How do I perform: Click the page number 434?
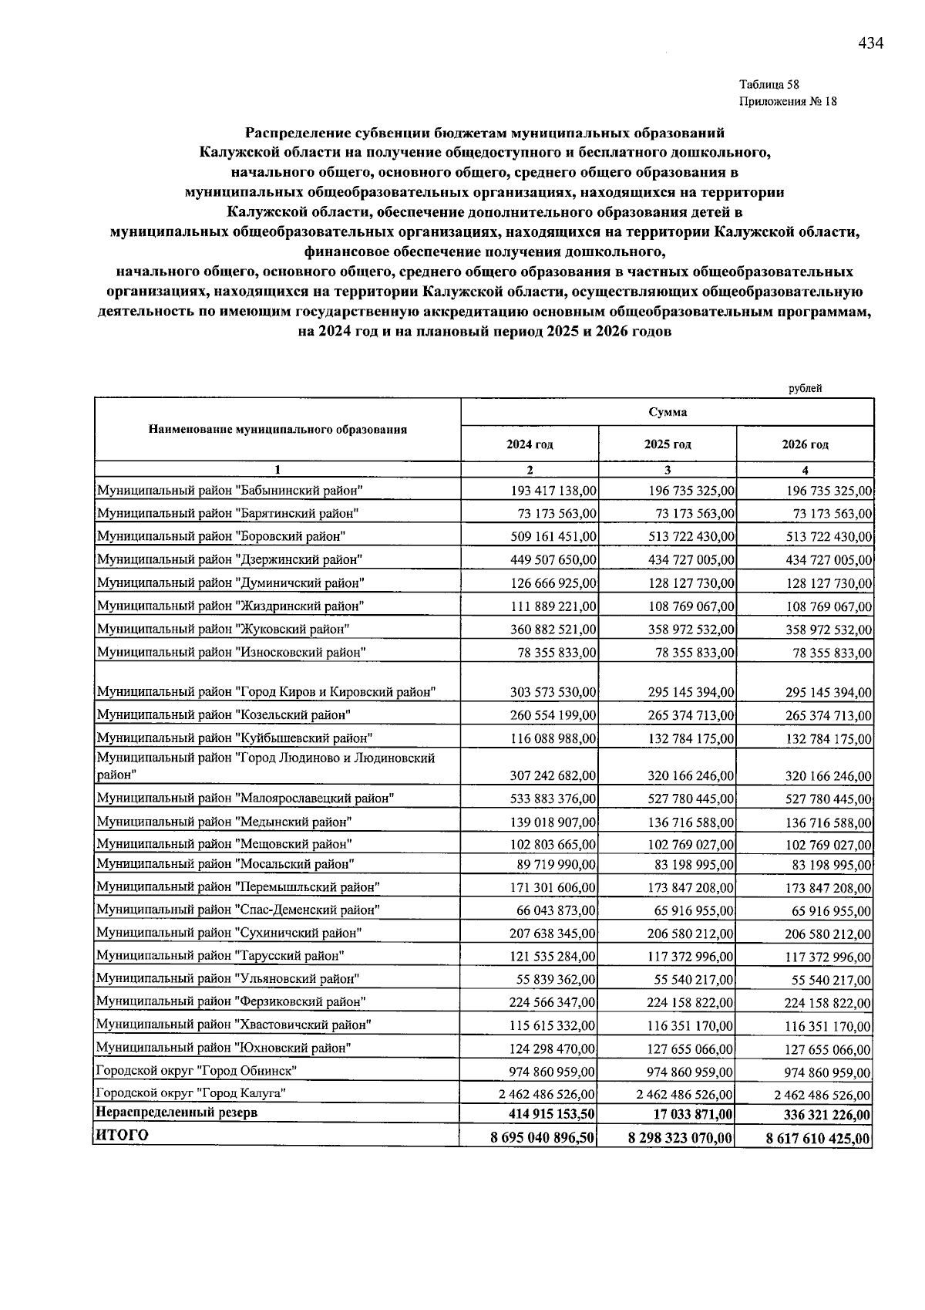pyautogui.click(x=870, y=43)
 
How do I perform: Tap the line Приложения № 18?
pyautogui.click(x=788, y=102)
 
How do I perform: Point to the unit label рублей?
pyautogui.click(x=805, y=388)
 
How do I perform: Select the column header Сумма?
pyautogui.click(x=668, y=412)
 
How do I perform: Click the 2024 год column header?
pyautogui.click(x=530, y=444)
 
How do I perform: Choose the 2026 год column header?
pyautogui.click(x=805, y=444)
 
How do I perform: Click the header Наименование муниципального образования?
pyautogui.click(x=277, y=429)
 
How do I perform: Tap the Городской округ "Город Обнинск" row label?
pyautogui.click(x=197, y=1070)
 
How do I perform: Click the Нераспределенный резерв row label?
pyautogui.click(x=175, y=1112)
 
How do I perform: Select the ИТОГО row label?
pyautogui.click(x=121, y=1135)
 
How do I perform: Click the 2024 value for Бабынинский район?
pyautogui.click(x=553, y=491)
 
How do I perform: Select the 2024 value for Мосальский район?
pyautogui.click(x=557, y=865)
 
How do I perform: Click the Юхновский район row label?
pyautogui.click(x=224, y=1048)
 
